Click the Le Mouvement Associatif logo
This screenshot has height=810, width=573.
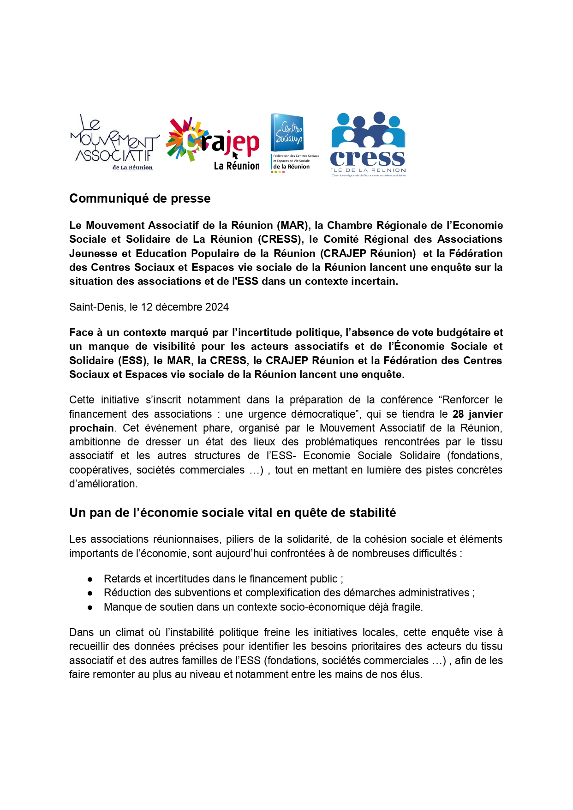[114, 143]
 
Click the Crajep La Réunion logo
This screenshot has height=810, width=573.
[213, 144]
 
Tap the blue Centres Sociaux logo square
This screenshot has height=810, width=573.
[287, 132]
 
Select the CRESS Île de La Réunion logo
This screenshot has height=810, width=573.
[368, 144]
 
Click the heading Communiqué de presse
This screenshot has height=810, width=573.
[140, 198]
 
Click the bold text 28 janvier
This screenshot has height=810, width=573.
[477, 414]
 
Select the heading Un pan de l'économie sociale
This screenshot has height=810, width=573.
[233, 513]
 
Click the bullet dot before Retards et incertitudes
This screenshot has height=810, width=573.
[90, 579]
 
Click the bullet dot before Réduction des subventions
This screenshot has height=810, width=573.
[90, 593]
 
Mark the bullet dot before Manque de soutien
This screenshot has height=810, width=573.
[90, 607]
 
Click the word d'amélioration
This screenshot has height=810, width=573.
[103, 484]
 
